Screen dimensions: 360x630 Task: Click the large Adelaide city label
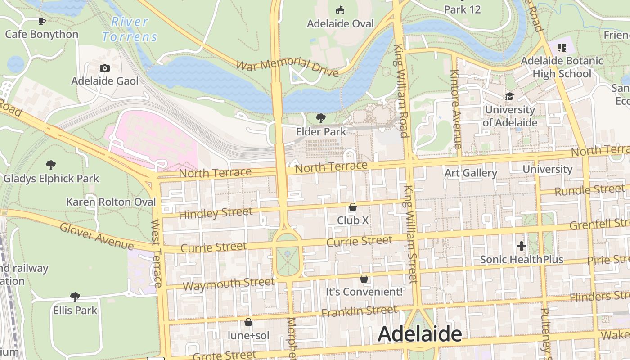419,334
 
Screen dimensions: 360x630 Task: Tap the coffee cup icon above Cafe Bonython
42,21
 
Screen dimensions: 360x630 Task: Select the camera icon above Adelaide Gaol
105,68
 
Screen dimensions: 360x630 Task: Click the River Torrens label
130,29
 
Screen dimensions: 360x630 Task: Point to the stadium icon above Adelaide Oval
340,10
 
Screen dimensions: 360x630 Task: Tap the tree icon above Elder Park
321,118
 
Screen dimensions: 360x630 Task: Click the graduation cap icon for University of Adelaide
509,96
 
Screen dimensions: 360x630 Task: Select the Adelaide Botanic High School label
562,67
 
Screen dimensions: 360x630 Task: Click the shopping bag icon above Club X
353,207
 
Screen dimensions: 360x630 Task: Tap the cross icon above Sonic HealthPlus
522,246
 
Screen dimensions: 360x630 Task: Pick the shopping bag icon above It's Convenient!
364,279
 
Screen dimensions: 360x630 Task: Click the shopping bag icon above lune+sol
248,322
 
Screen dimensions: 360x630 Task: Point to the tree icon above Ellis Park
75,297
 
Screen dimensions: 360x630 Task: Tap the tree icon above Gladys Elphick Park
51,165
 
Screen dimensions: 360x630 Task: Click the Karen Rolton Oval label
111,202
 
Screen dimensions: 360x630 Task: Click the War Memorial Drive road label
287,67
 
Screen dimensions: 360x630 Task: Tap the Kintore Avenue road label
455,109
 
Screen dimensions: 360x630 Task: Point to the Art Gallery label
471,173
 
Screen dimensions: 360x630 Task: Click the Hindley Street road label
216,213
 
